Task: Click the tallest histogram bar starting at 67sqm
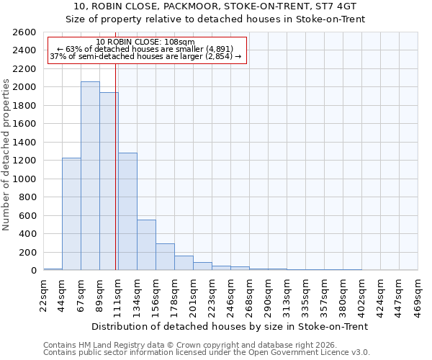click(x=90, y=176)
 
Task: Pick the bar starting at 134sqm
click(x=146, y=245)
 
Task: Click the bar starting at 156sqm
click(x=165, y=257)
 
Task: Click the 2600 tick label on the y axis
click(x=24, y=32)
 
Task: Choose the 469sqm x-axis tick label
click(x=418, y=294)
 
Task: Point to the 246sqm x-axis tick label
click(x=231, y=294)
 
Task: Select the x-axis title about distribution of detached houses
click(x=230, y=326)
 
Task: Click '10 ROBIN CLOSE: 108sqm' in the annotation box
click(x=145, y=42)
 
